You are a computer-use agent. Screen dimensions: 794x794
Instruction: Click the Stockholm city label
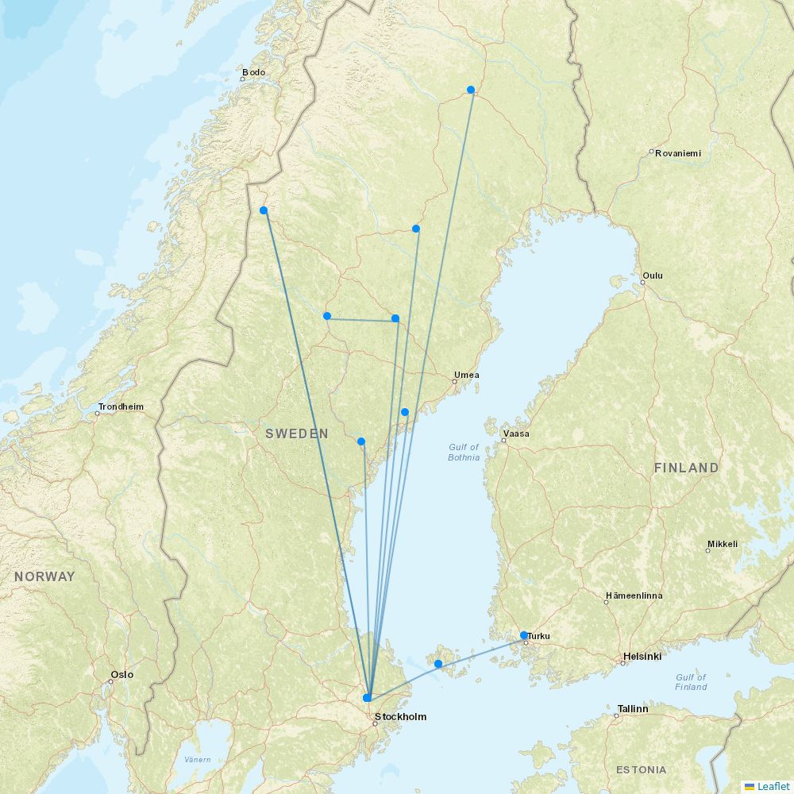[x=400, y=716]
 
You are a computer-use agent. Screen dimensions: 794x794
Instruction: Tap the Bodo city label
[x=254, y=72]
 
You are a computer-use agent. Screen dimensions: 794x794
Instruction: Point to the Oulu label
[x=653, y=276]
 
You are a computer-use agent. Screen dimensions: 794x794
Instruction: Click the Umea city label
[x=466, y=375]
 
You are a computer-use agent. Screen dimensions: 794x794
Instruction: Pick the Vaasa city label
[x=515, y=434]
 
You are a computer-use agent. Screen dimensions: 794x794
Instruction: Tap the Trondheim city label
[x=121, y=407]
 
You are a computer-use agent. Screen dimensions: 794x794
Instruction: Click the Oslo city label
[x=122, y=674]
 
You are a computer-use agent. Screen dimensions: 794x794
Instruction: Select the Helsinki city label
[x=642, y=656]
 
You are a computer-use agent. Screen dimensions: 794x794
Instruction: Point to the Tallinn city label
[x=633, y=708]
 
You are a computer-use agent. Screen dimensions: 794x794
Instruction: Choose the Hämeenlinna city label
[x=634, y=595]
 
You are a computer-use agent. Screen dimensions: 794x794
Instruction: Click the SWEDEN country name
[x=297, y=434]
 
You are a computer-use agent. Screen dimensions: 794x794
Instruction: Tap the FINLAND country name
[x=686, y=468]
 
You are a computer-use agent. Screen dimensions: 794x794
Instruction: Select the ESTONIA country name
[x=641, y=769]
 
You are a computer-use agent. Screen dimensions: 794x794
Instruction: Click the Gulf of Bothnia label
[x=464, y=452]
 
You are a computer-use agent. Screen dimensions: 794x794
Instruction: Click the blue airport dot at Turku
[x=524, y=635]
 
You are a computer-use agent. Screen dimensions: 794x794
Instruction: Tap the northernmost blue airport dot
[x=471, y=90]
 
